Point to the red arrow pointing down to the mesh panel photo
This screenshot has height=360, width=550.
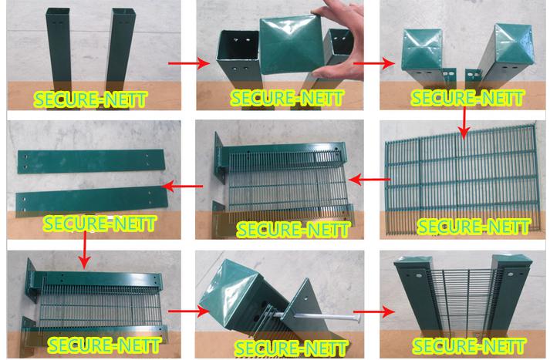[x=463, y=122]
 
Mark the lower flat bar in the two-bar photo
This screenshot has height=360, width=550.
[x=91, y=199]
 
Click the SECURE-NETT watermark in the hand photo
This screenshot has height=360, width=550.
[x=282, y=99]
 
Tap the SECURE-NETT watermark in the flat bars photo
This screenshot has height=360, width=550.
[x=100, y=224]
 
